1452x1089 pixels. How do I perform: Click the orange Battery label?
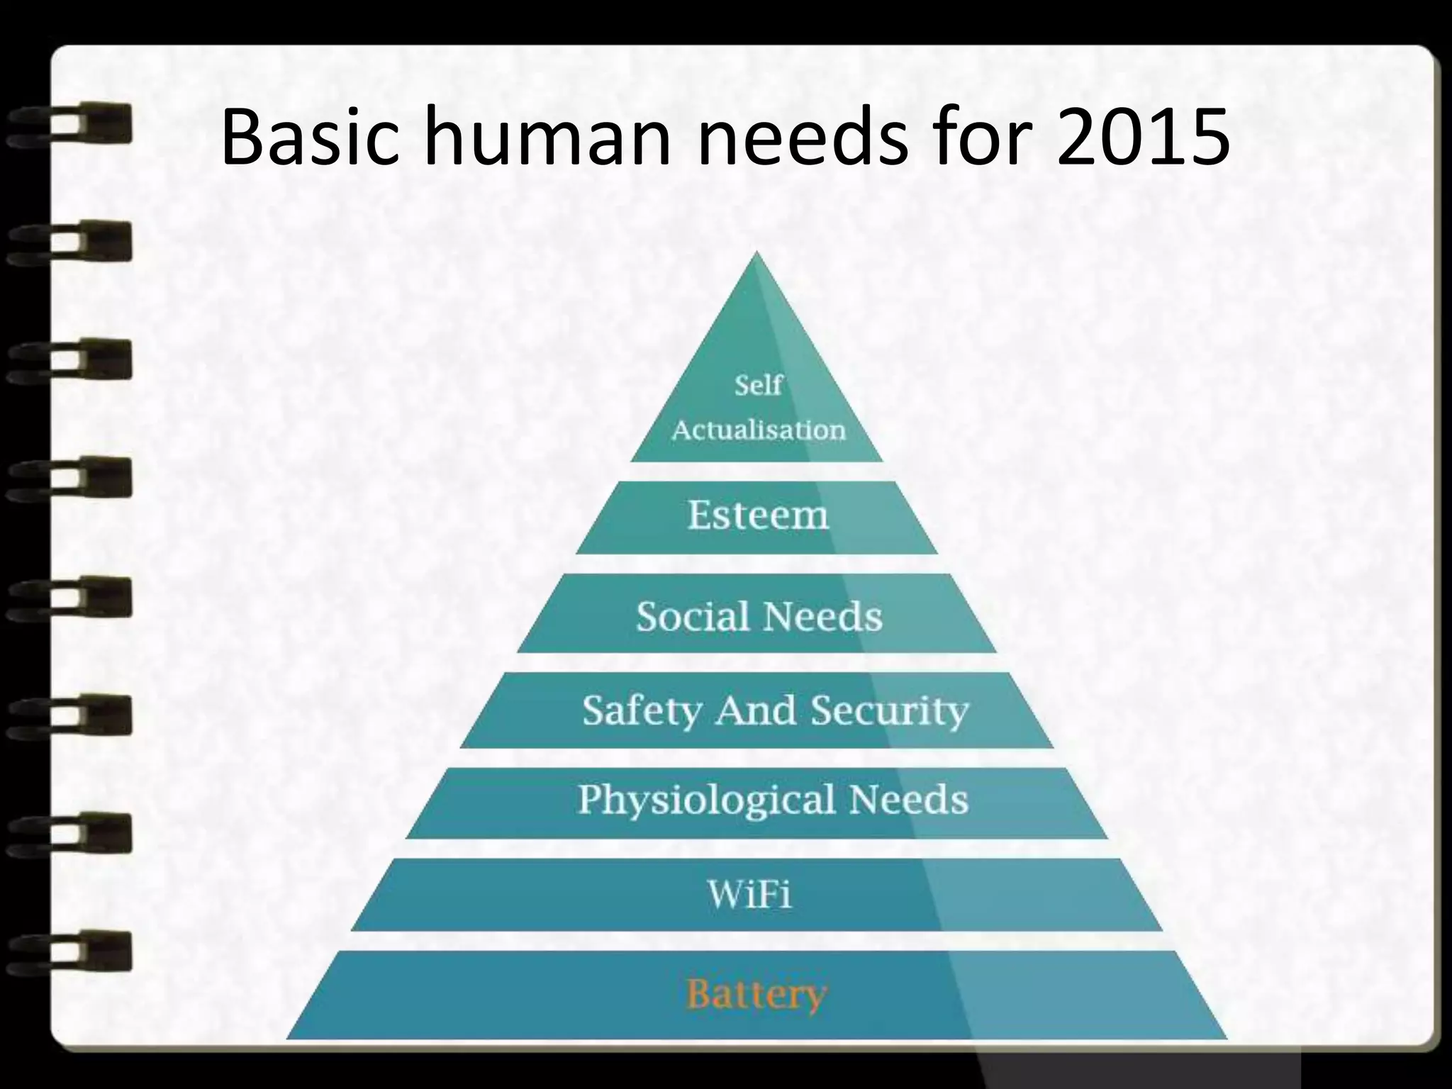(756, 994)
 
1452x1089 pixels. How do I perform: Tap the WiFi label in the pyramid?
(749, 894)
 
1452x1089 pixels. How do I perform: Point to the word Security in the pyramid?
(889, 710)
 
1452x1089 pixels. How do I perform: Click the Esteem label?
(758, 515)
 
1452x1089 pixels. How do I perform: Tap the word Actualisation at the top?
(759, 430)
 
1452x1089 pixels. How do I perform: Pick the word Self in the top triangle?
(758, 386)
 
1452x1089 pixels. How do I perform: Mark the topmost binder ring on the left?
(71, 125)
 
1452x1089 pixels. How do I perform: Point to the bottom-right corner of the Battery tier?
(1225, 1038)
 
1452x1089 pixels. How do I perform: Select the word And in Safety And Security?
(756, 710)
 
